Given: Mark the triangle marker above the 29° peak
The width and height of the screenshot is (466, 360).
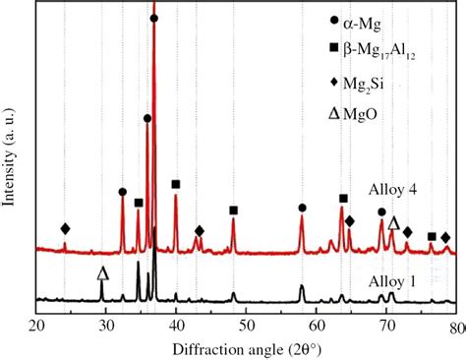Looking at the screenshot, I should pos(102,270).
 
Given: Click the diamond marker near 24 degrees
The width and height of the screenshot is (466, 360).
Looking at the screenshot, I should pos(65,229).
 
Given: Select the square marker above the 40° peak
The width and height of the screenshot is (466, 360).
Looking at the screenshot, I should pos(176,184).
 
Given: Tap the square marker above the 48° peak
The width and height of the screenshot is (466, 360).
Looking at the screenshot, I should pos(233,210).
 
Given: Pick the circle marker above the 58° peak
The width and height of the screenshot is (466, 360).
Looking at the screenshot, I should pos(302,208).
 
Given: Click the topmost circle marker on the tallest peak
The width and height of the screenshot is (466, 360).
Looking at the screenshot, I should pos(154,19).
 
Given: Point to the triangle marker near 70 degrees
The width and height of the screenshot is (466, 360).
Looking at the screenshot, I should pos(393,223).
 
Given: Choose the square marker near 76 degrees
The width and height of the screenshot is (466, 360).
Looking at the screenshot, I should pos(432,236).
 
